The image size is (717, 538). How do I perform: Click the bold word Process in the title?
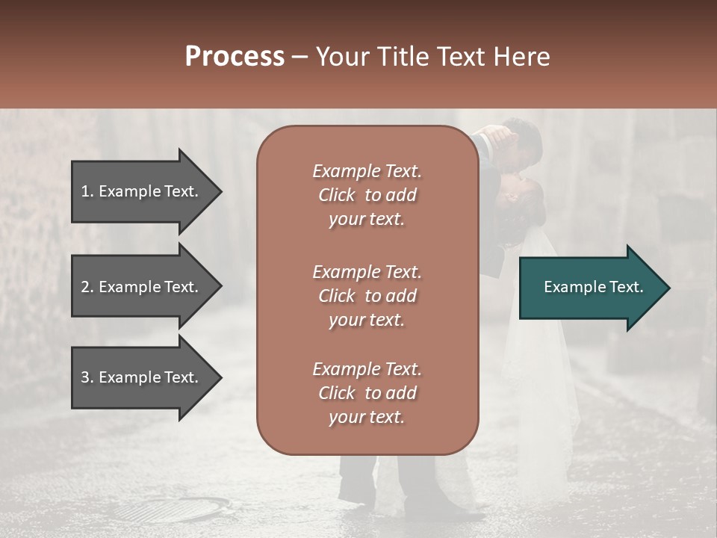(235, 57)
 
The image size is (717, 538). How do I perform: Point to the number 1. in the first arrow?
(87, 191)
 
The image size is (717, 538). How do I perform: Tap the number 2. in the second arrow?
(87, 287)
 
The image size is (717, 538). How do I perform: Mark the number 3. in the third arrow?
(87, 377)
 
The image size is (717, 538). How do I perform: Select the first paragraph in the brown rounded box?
(367, 195)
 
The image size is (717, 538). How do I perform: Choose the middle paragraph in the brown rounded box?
(367, 295)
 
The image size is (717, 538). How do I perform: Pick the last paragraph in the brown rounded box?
(367, 393)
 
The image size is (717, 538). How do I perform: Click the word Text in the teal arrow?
(627, 287)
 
